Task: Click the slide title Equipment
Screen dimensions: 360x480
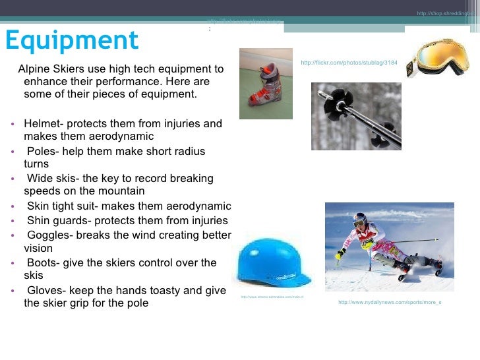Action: click(72, 41)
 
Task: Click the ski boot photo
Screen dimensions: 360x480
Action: click(265, 84)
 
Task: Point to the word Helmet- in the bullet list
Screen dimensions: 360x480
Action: click(43, 123)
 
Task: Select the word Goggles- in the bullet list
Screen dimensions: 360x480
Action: click(49, 235)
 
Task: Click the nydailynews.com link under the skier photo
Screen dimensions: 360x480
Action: click(389, 303)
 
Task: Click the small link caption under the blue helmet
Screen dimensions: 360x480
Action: click(272, 297)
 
